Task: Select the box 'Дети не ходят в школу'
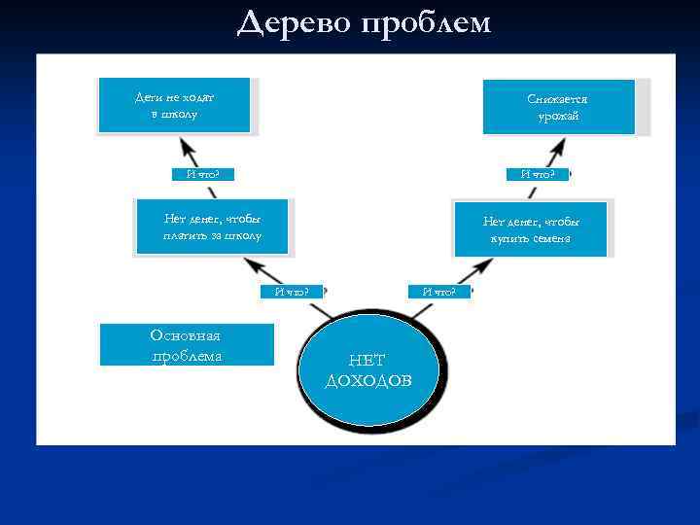pos(175,105)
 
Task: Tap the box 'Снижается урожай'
pos(558,107)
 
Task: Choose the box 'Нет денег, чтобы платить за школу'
pos(212,227)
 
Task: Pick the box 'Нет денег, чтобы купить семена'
pos(531,229)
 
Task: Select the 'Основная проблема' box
pos(187,345)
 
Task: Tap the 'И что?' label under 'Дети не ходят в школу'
pos(202,174)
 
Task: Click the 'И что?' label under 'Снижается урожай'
pos(539,174)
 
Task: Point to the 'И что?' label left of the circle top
pos(292,290)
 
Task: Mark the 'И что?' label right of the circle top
pos(439,290)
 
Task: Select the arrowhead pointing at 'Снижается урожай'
pos(556,149)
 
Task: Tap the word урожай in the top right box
pos(558,117)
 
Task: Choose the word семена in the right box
pos(544,238)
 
